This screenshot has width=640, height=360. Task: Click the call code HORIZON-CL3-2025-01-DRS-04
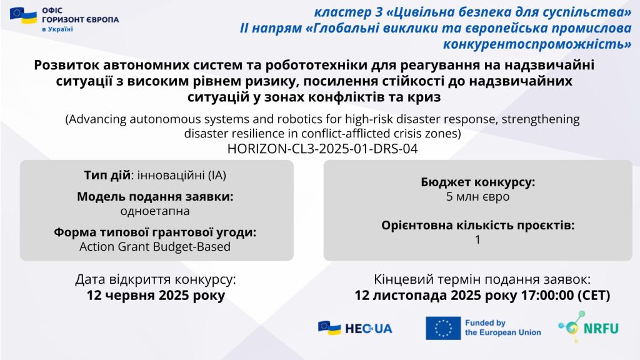tap(322, 149)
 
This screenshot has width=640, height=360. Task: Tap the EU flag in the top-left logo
tap(23, 16)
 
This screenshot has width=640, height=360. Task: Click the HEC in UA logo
tap(355, 328)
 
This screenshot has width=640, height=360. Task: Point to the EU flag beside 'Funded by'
tap(443, 328)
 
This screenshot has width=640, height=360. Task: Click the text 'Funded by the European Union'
tap(503, 327)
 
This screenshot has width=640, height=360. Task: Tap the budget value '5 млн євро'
tap(477, 197)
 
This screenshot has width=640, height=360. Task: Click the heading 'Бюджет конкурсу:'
tap(477, 182)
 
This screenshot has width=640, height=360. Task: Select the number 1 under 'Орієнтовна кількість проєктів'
tap(477, 239)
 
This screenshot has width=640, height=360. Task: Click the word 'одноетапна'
tap(155, 211)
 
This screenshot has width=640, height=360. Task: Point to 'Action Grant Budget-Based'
tap(155, 246)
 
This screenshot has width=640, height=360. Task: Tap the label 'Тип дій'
tap(107, 175)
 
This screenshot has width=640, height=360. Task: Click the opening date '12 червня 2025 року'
tap(156, 295)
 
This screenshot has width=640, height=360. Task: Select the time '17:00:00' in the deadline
tap(547, 295)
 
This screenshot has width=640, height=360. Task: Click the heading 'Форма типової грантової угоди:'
tap(155, 232)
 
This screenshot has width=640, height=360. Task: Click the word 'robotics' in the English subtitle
tap(299, 119)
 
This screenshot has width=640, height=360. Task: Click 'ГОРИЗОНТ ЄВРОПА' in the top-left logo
tap(81, 19)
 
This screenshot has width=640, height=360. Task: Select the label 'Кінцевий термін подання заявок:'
tap(482, 279)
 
